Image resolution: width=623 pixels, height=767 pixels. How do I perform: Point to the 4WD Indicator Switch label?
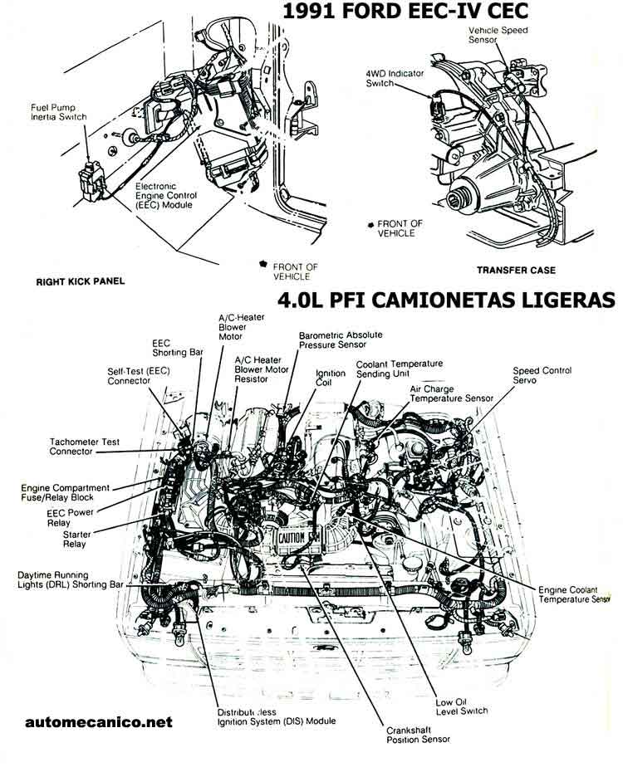tap(395, 79)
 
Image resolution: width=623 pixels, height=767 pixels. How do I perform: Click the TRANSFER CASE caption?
tap(516, 270)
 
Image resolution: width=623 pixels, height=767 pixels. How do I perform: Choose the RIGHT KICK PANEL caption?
tap(81, 281)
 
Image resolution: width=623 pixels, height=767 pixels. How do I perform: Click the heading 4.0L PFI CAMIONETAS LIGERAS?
tap(449, 300)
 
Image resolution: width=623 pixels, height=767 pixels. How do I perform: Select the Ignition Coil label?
tap(330, 379)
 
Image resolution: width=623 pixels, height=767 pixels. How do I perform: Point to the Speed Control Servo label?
tap(542, 374)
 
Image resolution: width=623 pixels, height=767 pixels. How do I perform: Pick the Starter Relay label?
tap(77, 540)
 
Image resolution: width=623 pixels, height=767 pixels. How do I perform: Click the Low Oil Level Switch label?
tap(461, 706)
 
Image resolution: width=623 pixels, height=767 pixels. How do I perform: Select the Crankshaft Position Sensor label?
tap(418, 735)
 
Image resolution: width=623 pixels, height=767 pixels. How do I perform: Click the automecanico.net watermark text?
tap(99, 722)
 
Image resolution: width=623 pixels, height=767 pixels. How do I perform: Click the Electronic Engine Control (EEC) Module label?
tap(164, 195)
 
